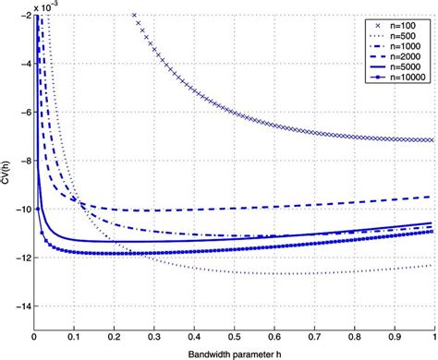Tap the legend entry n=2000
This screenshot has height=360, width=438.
tap(403, 60)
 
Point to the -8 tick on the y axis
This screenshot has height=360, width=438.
tap(22, 161)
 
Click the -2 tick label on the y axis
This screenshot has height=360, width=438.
tap(22, 16)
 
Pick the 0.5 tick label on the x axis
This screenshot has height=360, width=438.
tap(233, 337)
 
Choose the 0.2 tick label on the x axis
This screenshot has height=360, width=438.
tap(114, 337)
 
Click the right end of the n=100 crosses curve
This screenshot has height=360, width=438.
tap(432, 140)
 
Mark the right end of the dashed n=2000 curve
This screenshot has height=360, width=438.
tap(432, 197)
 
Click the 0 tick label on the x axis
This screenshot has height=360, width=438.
tap(34, 337)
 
